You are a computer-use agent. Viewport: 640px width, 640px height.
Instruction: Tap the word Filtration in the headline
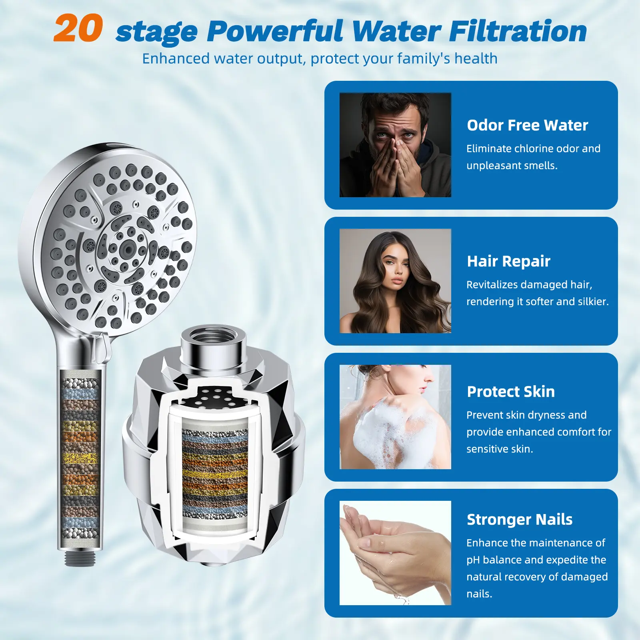[518, 31]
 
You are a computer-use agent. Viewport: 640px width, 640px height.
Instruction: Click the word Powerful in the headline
[275, 31]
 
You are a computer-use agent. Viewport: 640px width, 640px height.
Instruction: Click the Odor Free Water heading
[527, 125]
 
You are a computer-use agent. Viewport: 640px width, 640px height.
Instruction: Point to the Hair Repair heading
[508, 262]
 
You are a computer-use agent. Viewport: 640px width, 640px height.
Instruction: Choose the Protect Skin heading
[511, 392]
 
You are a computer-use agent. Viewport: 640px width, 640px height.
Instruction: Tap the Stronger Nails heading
[520, 520]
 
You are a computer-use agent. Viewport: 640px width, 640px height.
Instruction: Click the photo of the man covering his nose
[395, 145]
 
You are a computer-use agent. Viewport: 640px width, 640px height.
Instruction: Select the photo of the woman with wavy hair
[395, 281]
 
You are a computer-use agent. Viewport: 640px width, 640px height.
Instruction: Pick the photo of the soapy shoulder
[395, 417]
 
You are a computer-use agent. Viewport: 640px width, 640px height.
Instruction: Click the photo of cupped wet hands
[395, 553]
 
